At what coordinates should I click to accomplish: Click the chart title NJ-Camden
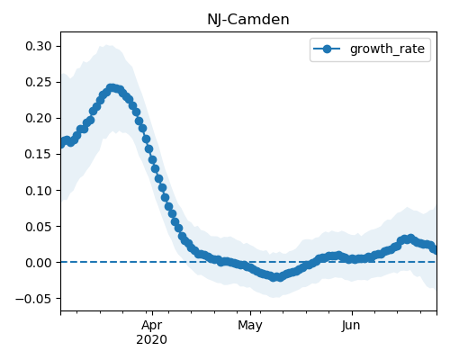(x=248, y=20)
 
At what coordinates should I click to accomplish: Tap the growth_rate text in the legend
(x=387, y=49)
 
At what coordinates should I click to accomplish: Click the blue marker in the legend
(x=327, y=49)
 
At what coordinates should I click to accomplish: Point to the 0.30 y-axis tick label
(x=39, y=46)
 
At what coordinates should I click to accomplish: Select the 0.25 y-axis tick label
(x=39, y=82)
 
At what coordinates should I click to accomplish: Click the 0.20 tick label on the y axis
(x=39, y=118)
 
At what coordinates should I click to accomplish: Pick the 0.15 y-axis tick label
(x=39, y=154)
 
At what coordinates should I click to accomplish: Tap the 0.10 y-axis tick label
(x=39, y=191)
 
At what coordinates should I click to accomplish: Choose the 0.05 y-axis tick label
(x=39, y=227)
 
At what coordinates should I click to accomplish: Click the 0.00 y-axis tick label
(x=39, y=263)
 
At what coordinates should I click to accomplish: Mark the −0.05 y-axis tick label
(x=33, y=299)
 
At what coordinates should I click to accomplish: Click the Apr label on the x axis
(x=152, y=326)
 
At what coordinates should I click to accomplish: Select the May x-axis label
(x=250, y=326)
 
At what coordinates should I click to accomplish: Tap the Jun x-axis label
(x=351, y=326)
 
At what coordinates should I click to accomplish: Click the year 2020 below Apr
(x=151, y=340)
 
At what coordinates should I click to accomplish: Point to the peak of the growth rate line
(x=112, y=88)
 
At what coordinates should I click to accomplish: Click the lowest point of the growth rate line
(x=276, y=277)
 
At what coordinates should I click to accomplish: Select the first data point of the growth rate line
(x=61, y=144)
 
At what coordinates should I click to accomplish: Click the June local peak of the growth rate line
(x=410, y=238)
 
